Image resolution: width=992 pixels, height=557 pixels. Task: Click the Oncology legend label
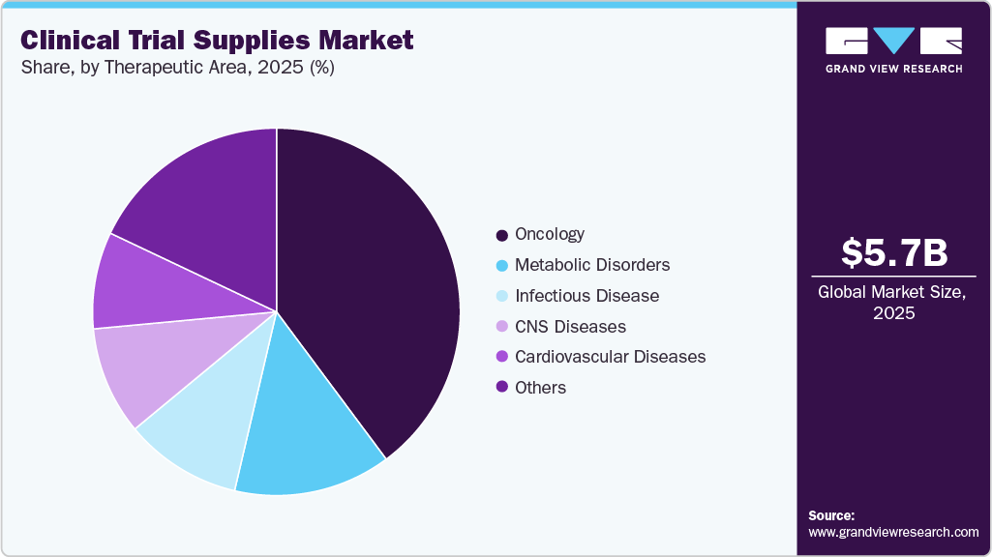pyautogui.click(x=550, y=234)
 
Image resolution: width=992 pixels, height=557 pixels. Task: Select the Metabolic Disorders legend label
pyautogui.click(x=592, y=265)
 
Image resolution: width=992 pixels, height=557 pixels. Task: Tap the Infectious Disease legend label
pyautogui.click(x=586, y=296)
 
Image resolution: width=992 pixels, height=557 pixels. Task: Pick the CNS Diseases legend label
pyautogui.click(x=570, y=327)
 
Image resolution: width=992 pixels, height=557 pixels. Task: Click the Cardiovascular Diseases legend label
pyautogui.click(x=610, y=357)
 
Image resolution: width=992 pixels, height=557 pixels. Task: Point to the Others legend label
pyautogui.click(x=540, y=388)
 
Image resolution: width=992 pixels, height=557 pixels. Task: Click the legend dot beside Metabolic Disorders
pyautogui.click(x=501, y=265)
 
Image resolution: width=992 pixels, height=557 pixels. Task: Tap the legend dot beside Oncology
pyautogui.click(x=501, y=235)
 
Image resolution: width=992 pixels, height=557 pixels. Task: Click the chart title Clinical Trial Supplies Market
pyautogui.click(x=218, y=40)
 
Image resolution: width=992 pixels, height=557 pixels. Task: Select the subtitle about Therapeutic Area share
pyautogui.click(x=178, y=69)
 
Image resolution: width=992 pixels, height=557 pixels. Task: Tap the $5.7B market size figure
pyautogui.click(x=893, y=253)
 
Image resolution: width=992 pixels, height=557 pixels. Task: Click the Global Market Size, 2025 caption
pyautogui.click(x=893, y=303)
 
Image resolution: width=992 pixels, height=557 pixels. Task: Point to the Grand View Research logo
pyautogui.click(x=893, y=48)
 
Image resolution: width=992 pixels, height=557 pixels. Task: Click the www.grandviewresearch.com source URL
pyautogui.click(x=893, y=532)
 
